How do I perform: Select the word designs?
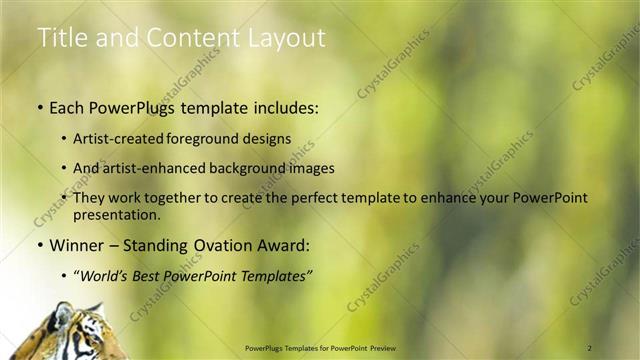point(266,139)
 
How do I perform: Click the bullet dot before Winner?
point(40,245)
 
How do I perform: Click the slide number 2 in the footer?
point(590,348)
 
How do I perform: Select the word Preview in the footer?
point(391,348)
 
